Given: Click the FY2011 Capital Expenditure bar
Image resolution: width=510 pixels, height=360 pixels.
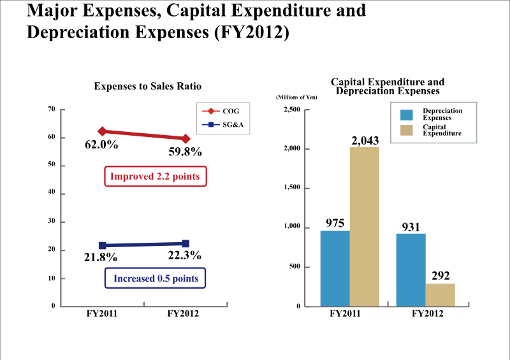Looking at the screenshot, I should pos(365,226).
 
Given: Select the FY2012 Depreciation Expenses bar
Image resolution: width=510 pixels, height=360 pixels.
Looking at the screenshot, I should pos(411,270).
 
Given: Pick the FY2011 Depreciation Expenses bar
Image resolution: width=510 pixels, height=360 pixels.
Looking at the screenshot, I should pos(335,268).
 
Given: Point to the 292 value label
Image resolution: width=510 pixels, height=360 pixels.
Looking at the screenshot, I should pos(440,276).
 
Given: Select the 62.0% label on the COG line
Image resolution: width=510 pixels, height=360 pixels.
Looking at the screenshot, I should pos(101,145).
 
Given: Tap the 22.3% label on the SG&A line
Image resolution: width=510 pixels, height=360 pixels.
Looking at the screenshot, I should pos(185,256).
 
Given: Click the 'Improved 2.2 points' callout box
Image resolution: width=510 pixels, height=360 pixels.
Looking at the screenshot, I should pos(156,176).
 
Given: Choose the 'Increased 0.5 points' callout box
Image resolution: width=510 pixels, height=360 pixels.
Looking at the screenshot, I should pos(156,278).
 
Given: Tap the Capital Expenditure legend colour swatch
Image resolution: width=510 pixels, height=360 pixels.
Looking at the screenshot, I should pos(407,131).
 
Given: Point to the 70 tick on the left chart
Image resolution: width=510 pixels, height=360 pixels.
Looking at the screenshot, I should pos(51,109).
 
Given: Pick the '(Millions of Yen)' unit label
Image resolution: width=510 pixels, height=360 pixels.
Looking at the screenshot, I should pos(296,97).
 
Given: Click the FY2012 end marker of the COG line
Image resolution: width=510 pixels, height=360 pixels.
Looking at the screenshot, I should pos(186,138).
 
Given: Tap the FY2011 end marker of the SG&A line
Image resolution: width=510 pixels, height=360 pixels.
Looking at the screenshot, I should pos(102,245).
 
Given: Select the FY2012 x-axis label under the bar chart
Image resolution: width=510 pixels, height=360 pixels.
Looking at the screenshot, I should pos(426,314).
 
